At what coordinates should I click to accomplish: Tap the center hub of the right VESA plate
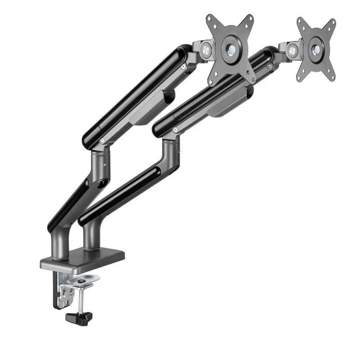click(x=316, y=46)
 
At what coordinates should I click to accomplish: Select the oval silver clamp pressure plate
click(x=82, y=281)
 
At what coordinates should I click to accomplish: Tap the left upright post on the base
click(x=59, y=243)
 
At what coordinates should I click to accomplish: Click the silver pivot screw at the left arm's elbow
click(x=103, y=141)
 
